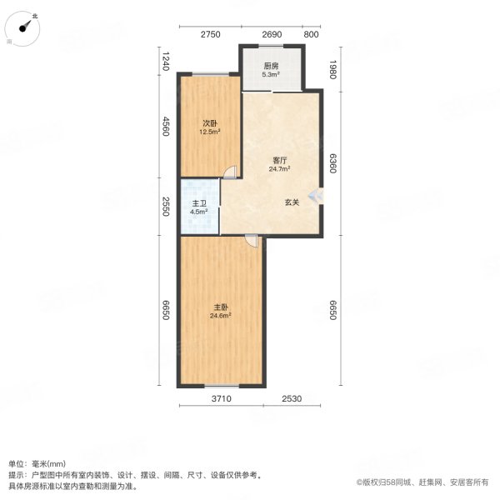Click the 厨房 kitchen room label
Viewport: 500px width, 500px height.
click(271, 66)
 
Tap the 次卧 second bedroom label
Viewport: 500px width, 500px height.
click(210, 123)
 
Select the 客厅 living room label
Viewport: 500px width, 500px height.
click(280, 160)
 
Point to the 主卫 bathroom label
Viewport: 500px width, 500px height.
click(199, 203)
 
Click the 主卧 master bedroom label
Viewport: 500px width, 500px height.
click(221, 307)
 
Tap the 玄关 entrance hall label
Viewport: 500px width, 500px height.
click(292, 202)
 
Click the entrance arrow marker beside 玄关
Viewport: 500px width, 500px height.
click(315, 196)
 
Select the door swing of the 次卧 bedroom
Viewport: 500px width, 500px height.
click(230, 172)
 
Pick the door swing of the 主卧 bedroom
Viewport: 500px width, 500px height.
click(251, 241)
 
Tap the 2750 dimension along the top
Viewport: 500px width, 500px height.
click(211, 34)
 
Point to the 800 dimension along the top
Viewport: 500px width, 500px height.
click(311, 34)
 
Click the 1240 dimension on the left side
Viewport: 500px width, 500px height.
click(166, 61)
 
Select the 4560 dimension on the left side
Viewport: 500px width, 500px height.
click(166, 127)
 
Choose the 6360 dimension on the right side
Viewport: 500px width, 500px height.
click(332, 163)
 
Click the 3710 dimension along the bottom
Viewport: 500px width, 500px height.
click(222, 398)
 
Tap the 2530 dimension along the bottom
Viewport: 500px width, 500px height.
click(292, 398)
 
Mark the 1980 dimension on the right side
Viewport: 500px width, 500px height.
click(332, 69)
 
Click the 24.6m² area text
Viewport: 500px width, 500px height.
click(221, 316)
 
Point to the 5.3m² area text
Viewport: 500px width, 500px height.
click(271, 75)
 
